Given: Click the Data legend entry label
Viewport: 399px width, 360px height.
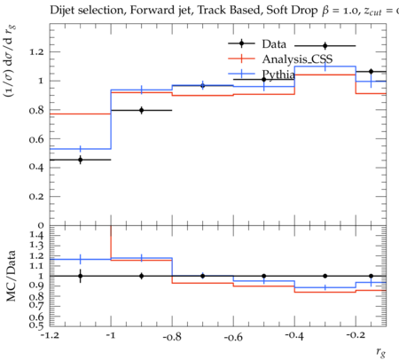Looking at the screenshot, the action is click(x=274, y=44).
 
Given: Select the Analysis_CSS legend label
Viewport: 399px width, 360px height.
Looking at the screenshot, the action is click(x=297, y=59).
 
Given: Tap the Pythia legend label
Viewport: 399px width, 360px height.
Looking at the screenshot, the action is click(x=278, y=74).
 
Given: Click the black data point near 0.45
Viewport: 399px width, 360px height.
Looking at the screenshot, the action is click(x=81, y=160).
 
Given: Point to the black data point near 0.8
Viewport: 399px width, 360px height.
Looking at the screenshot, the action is click(x=142, y=110).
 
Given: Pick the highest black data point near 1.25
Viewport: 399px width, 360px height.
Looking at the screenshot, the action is click(x=325, y=46).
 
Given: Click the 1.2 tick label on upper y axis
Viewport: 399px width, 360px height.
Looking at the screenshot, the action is click(x=36, y=52).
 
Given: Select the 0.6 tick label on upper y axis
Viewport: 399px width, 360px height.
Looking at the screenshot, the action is click(x=36, y=139).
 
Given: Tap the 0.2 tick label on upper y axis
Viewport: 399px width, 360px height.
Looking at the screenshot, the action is click(x=36, y=197).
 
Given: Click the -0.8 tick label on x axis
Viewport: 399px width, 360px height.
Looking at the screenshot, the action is click(x=172, y=336).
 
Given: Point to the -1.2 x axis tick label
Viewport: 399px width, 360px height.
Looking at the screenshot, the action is click(x=50, y=336).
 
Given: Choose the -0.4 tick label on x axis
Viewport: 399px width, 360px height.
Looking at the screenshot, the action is click(x=294, y=336).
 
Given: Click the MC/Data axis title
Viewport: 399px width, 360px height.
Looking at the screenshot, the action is click(x=11, y=276).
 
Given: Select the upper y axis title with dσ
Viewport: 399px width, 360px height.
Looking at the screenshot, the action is click(x=10, y=61).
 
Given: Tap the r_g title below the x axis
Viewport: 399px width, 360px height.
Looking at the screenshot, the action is click(x=381, y=352).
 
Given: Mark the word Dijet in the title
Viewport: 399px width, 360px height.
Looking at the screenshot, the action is click(x=62, y=11).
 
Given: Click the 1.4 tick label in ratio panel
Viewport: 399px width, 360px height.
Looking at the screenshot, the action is click(x=36, y=235).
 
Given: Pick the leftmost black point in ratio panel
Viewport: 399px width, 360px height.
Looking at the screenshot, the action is click(x=81, y=276).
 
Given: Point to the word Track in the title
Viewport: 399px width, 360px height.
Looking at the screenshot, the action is click(x=212, y=11).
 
